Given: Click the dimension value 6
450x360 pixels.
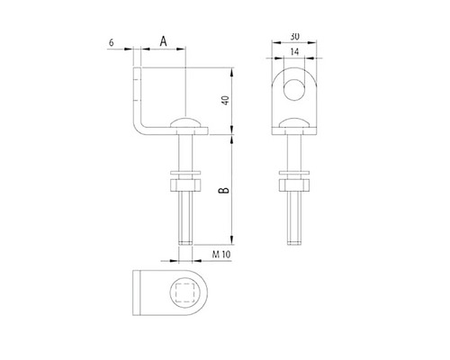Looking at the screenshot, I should (x=110, y=41).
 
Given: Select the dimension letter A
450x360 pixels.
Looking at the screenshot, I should (x=162, y=40).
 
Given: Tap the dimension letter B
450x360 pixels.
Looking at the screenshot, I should (x=221, y=189).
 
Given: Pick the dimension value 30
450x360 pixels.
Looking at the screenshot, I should (x=295, y=36).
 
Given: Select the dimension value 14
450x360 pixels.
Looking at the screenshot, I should (x=295, y=53).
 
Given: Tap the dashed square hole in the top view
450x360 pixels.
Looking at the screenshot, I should (x=185, y=293).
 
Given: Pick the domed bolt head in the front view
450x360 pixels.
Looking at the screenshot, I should (x=295, y=124).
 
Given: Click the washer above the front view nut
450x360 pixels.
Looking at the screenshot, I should (x=295, y=172).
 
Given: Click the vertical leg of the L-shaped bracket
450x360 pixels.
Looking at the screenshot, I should (x=137, y=90).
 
